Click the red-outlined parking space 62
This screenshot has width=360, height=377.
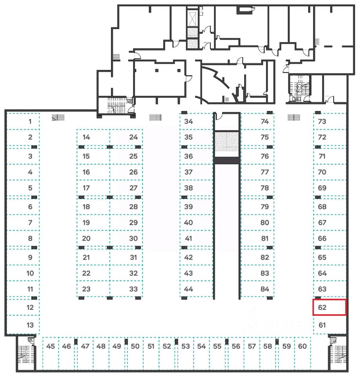pyautogui.click(x=329, y=307)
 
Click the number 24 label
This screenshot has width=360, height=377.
pyautogui.click(x=133, y=137)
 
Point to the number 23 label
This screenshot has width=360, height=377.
pyautogui.click(x=86, y=289)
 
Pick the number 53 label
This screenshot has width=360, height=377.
pyautogui.click(x=186, y=346)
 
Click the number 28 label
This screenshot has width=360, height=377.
pyautogui.click(x=133, y=207)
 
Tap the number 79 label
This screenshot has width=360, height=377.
pyautogui.click(x=265, y=207)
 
